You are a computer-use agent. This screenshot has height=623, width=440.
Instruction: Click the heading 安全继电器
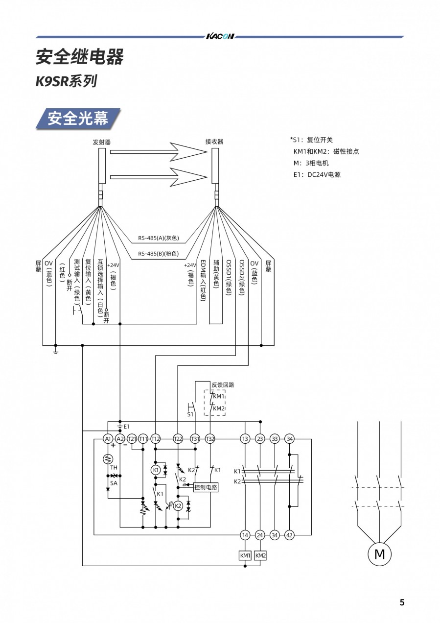click(80, 57)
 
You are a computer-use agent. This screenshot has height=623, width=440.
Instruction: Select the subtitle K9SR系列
click(66, 81)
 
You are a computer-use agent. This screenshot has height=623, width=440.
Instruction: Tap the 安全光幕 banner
click(78, 119)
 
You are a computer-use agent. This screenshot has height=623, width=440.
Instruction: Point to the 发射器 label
click(102, 142)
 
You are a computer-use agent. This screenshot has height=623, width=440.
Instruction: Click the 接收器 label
click(214, 142)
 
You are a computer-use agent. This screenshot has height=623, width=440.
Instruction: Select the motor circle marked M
click(379, 554)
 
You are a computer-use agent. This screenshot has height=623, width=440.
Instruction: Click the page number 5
click(402, 602)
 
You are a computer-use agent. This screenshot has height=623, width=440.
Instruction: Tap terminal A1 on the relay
click(108, 439)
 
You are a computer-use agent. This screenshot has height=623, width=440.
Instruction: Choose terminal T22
click(178, 439)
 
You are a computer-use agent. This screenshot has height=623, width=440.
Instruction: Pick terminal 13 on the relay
click(245, 439)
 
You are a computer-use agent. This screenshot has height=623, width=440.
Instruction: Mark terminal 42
click(289, 535)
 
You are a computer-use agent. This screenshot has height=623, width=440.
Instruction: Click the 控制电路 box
click(206, 487)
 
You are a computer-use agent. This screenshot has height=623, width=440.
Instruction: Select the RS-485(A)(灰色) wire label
click(158, 239)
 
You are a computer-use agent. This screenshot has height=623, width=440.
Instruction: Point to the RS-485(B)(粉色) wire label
click(158, 254)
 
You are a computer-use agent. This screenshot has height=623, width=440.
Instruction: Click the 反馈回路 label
click(223, 384)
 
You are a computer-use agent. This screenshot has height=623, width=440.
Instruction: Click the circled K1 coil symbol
click(156, 470)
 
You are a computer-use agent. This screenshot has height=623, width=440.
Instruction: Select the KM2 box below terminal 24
click(260, 555)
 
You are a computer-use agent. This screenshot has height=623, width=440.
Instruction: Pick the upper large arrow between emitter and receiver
click(159, 152)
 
